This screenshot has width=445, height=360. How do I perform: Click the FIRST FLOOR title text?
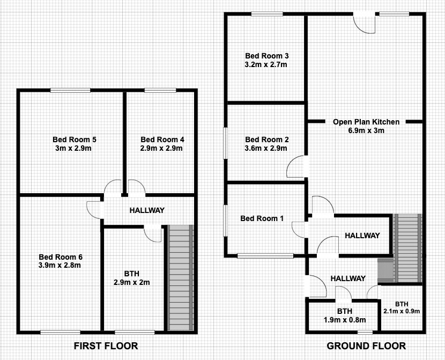point(106,346)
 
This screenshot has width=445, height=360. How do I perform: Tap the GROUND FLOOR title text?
point(366,346)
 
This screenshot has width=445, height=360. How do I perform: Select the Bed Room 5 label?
point(75,139)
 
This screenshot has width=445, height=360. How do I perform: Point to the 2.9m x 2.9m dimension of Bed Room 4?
point(161,148)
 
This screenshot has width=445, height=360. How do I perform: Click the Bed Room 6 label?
point(61,257)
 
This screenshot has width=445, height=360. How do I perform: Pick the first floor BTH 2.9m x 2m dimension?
point(132,283)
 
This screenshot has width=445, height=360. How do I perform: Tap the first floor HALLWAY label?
point(147,210)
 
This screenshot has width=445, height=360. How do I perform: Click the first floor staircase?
point(180,278)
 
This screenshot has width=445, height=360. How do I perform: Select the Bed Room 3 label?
point(267,56)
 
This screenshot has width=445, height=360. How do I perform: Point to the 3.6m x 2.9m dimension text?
point(266,148)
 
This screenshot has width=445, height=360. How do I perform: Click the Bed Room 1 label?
point(262,218)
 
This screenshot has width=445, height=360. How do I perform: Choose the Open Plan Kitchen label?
point(366,122)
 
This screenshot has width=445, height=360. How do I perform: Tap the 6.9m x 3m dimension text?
point(366,130)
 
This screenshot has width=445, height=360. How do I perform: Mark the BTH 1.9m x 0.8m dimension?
point(345,320)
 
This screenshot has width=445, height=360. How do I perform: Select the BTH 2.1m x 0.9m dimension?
point(402,311)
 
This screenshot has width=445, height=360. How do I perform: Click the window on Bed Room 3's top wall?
point(267,13)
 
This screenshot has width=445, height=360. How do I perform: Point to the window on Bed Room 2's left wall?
point(225,143)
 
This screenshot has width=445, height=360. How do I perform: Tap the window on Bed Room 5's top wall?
point(70,90)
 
